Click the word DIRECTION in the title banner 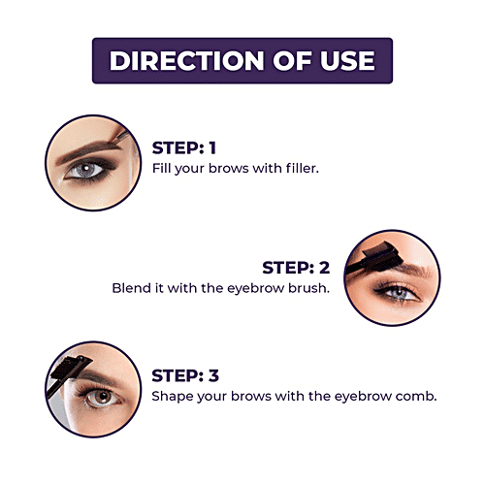tap(187, 60)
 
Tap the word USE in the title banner tap(347, 60)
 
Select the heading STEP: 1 tap(184, 148)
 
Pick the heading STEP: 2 tap(296, 268)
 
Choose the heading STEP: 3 tap(185, 375)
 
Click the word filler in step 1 tap(303, 169)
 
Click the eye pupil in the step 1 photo tap(86, 169)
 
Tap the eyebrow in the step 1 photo tap(87, 150)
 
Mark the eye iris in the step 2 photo tap(400, 293)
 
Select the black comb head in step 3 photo tap(70, 367)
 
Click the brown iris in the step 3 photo tap(103, 397)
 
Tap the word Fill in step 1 tap(162, 169)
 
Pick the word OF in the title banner tap(292, 60)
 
